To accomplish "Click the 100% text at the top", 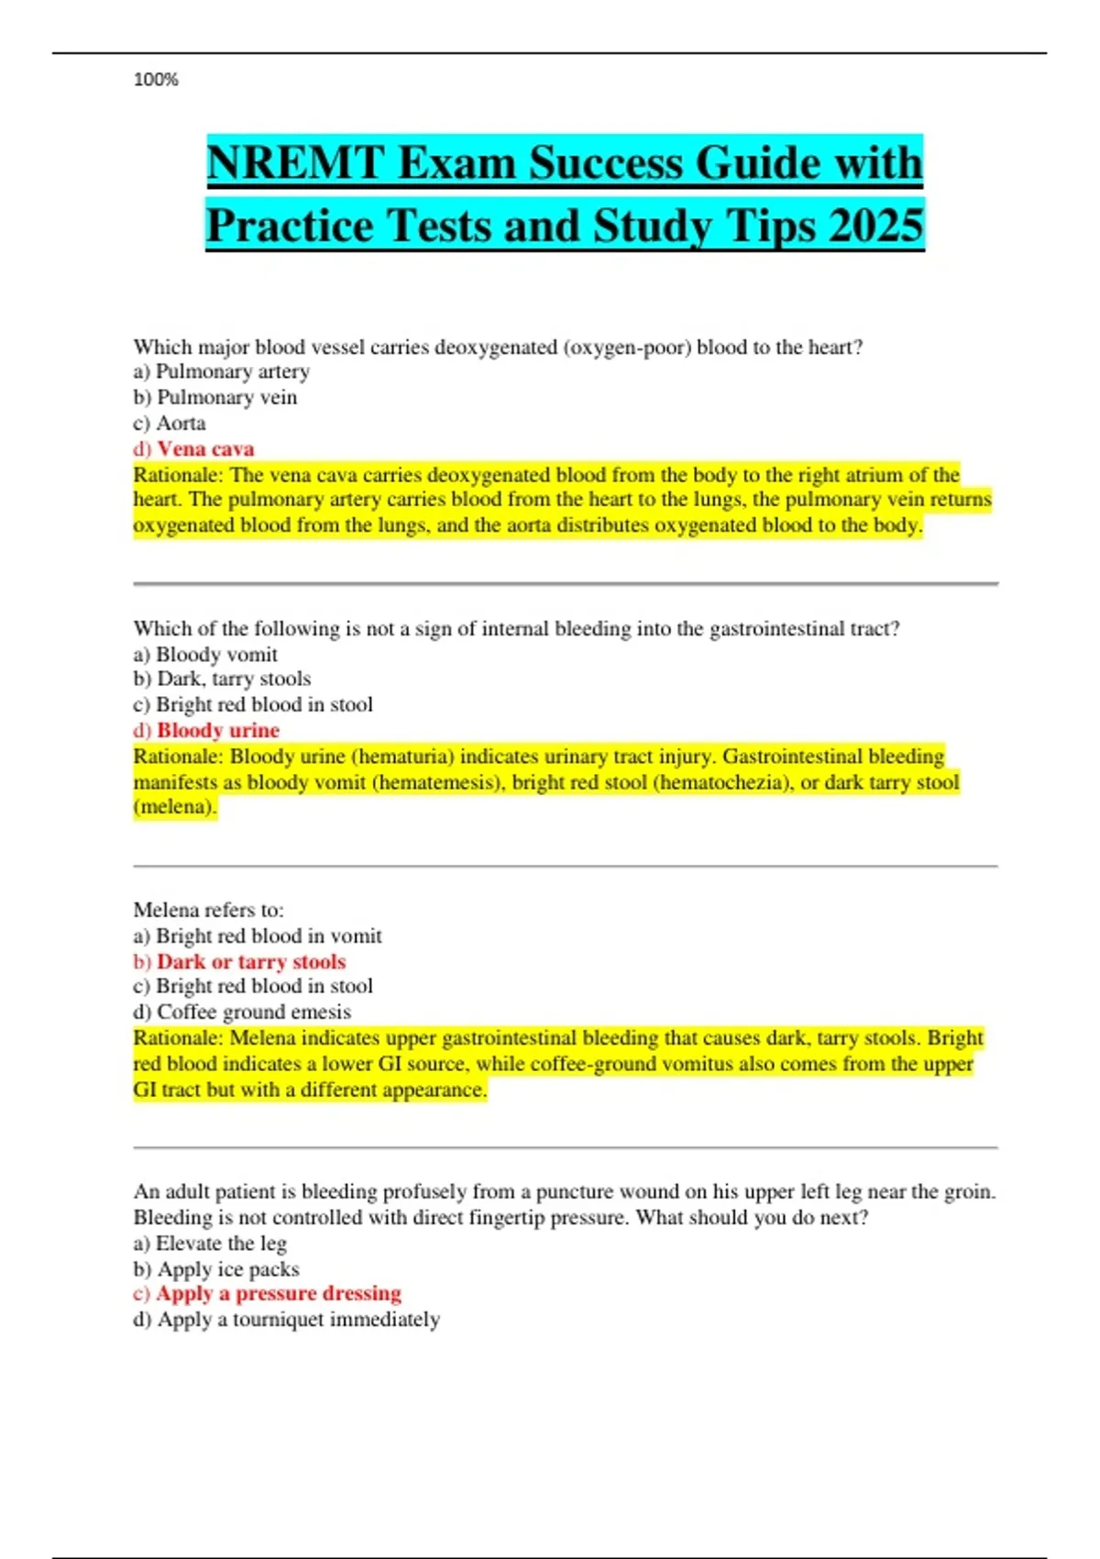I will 156,80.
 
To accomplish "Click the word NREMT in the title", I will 294,163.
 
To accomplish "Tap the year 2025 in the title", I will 874,226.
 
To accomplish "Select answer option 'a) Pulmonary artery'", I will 221,371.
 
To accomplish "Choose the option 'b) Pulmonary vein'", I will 214,397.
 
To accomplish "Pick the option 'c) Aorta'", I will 170,423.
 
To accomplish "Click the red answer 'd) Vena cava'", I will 193,448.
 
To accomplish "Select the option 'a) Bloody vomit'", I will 205,654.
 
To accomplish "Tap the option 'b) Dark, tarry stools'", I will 222,679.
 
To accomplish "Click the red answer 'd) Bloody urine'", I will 206,730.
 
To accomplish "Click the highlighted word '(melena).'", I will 175,807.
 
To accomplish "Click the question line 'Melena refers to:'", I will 208,910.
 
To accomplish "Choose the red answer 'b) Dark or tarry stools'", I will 239,961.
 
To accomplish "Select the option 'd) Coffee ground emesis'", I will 242,1012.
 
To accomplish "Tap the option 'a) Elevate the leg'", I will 210,1244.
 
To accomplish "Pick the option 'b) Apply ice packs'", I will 216,1269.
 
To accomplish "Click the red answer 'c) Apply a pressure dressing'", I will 267,1293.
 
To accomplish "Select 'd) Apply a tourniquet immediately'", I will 286,1319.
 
